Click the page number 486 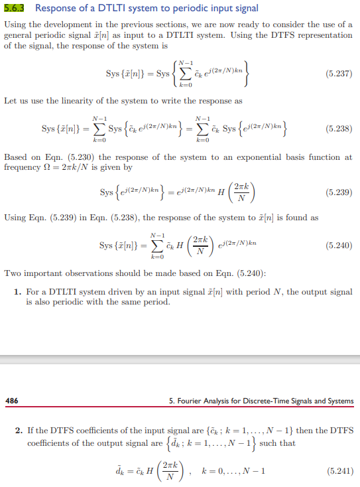click(x=12, y=401)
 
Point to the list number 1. click(x=18, y=292)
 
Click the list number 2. click(x=18, y=431)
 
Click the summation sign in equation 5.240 click(x=158, y=245)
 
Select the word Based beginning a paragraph click(x=16, y=157)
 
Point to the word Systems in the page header click(x=338, y=401)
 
